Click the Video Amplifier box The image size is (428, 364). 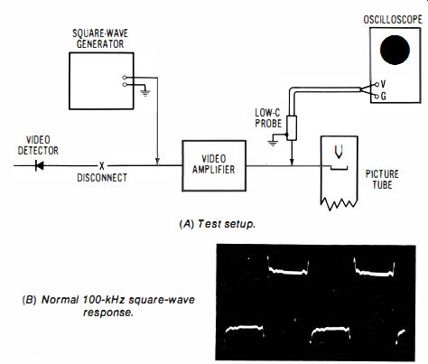(x=214, y=165)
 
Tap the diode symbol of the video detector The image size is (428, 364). (x=40, y=165)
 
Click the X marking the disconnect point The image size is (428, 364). (x=102, y=165)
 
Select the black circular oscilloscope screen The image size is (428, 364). (x=395, y=50)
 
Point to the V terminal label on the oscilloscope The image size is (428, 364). (x=383, y=84)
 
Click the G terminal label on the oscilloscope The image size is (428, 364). (x=384, y=97)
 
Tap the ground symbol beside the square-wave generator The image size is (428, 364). (x=145, y=93)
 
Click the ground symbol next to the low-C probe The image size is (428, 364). (x=273, y=143)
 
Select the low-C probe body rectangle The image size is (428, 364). (x=292, y=128)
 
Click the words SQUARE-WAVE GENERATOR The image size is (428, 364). (x=100, y=39)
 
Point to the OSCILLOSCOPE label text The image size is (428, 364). (x=393, y=20)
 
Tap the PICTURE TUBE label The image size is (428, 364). (x=382, y=179)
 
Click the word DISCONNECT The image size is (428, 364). (x=102, y=178)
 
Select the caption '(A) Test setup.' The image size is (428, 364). (x=217, y=224)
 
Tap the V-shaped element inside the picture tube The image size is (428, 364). (x=339, y=152)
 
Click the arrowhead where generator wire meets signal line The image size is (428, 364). (x=157, y=162)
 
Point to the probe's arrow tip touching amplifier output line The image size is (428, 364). (x=292, y=163)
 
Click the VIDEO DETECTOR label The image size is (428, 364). (x=38, y=145)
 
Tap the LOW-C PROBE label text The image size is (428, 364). (x=268, y=118)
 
